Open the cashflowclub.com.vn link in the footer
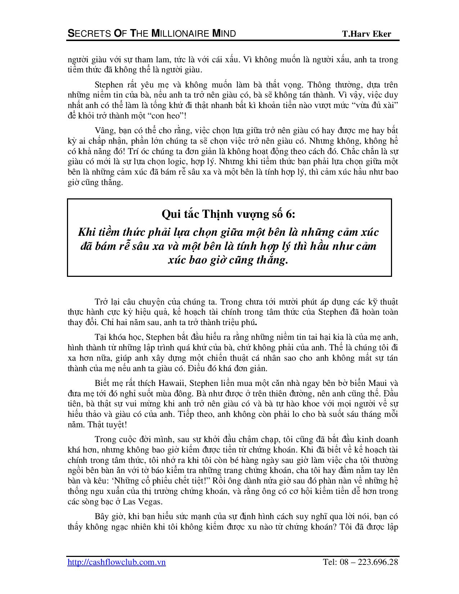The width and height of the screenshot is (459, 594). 117,562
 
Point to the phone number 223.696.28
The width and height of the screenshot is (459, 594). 378,562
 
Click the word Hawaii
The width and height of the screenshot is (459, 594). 172,383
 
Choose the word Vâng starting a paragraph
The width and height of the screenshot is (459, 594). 104,130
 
